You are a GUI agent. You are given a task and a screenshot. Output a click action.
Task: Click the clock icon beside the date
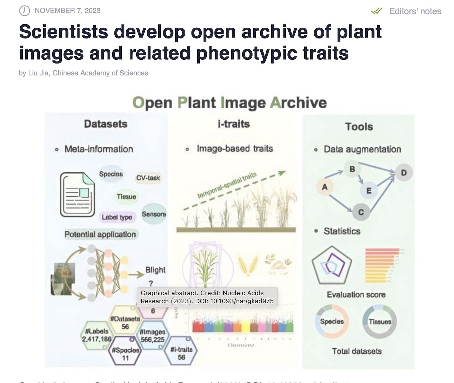24,11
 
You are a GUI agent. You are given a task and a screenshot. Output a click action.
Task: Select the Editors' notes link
415,11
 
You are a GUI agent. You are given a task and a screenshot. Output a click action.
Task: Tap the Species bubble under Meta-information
111,174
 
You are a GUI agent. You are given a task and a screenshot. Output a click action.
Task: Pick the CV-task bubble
148,178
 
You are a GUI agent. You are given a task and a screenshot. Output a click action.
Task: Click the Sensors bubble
154,214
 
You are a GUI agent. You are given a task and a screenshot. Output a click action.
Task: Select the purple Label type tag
117,217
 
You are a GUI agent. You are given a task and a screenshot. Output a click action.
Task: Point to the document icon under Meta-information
77,194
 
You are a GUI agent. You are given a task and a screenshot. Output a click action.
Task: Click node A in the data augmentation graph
325,187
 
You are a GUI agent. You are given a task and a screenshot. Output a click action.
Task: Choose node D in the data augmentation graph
404,173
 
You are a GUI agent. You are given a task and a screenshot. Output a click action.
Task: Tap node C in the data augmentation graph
361,212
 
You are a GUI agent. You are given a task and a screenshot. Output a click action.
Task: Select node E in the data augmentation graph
369,191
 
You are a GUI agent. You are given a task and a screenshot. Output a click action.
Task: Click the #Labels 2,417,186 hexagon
97,335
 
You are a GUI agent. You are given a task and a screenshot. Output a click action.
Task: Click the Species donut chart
332,321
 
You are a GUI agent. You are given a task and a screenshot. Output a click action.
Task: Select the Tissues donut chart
380,322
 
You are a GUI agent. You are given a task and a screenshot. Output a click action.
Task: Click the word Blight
155,270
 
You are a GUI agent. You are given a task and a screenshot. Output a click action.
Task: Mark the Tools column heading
359,127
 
